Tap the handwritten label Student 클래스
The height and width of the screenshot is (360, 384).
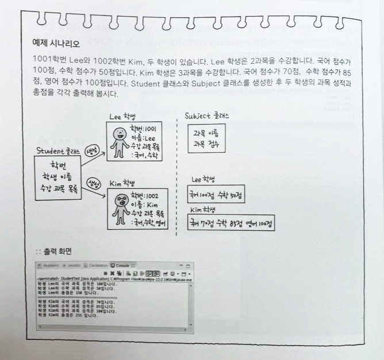57,151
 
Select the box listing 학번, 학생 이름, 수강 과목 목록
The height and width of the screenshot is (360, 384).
57,176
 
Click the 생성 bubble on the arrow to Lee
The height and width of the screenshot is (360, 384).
92,152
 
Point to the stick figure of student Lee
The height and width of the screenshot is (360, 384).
119,141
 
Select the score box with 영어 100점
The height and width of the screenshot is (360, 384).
232,223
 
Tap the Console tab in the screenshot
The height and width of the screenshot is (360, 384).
122,265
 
